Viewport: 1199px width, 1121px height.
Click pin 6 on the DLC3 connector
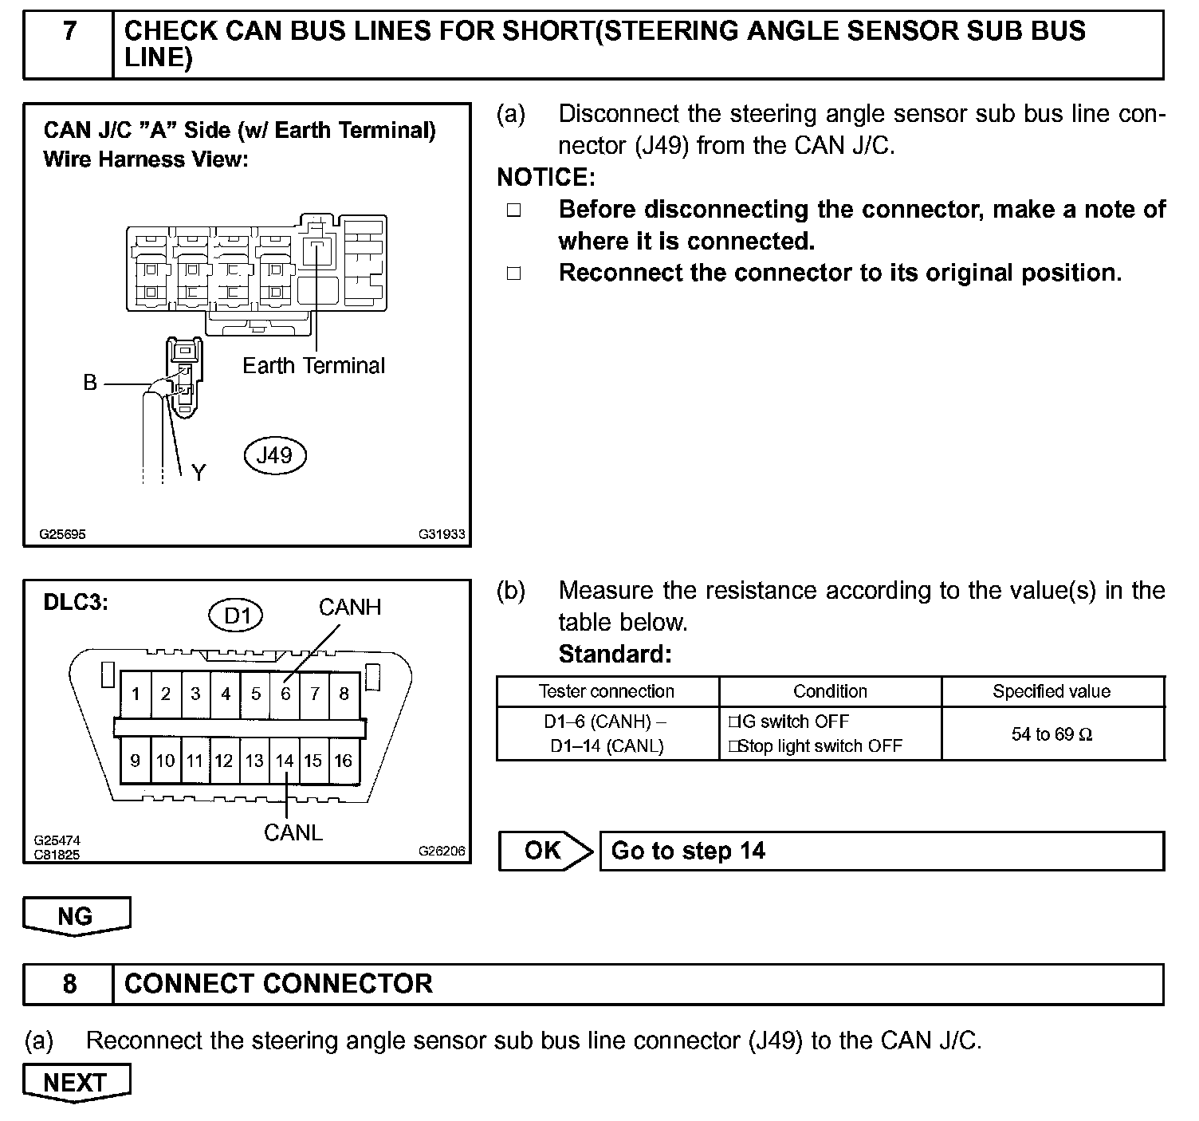click(x=285, y=694)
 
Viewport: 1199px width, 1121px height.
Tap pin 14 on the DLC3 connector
click(x=285, y=761)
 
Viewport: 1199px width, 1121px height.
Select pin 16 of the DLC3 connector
click(x=344, y=761)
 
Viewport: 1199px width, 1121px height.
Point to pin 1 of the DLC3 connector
click(x=136, y=694)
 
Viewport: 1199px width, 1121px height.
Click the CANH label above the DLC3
click(x=350, y=608)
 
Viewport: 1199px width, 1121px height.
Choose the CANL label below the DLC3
click(x=293, y=833)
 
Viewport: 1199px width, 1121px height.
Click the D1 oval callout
click(x=237, y=616)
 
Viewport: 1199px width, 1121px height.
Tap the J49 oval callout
click(x=274, y=455)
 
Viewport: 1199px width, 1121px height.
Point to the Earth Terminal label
click(x=313, y=366)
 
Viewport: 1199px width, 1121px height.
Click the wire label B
click(x=90, y=383)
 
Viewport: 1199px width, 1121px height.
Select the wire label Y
click(x=199, y=474)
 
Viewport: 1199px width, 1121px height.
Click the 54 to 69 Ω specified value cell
click(x=1052, y=734)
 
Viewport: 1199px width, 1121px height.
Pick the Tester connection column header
click(x=607, y=691)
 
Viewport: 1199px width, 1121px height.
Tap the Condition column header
click(x=830, y=691)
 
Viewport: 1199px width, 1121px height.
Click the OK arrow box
click(x=545, y=851)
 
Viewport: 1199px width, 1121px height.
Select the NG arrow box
click(x=76, y=916)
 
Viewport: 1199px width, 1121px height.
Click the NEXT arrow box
click(x=76, y=1083)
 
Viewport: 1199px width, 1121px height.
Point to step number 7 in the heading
click(x=69, y=31)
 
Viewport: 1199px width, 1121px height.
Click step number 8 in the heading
click(x=69, y=984)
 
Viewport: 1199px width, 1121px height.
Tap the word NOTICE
click(x=546, y=177)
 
